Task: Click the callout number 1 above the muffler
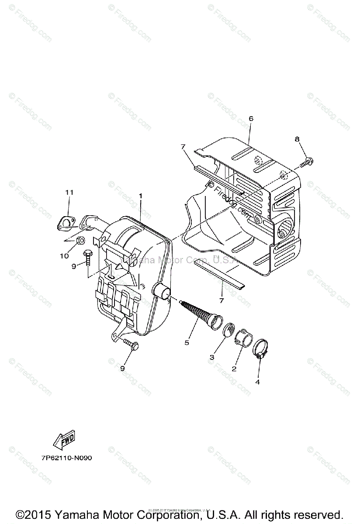click(x=140, y=196)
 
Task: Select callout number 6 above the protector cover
click(x=251, y=119)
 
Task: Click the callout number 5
click(x=187, y=343)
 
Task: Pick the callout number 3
click(x=212, y=357)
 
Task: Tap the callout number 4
click(x=258, y=381)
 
